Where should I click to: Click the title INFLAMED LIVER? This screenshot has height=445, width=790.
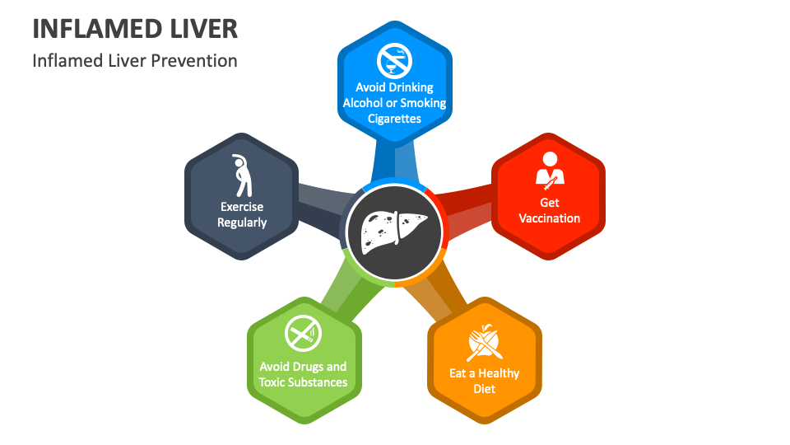(135, 29)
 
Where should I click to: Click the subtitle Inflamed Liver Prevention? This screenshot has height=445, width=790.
(135, 61)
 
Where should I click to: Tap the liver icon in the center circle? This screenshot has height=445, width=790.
(394, 230)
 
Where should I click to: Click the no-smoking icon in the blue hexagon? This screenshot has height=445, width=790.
(394, 60)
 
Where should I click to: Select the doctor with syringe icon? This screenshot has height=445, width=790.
(549, 168)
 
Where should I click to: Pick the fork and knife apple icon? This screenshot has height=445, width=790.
(485, 343)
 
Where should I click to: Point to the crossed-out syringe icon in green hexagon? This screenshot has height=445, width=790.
(303, 335)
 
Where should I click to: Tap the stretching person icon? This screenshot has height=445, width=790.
(241, 175)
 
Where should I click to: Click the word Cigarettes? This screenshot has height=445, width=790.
(394, 119)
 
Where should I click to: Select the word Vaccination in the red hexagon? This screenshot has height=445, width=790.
(549, 218)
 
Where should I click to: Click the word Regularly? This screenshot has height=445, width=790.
(242, 222)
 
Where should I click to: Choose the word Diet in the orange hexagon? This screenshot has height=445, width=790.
(485, 389)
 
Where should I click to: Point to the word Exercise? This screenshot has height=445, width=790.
(242, 207)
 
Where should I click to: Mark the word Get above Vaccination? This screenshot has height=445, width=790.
(549, 203)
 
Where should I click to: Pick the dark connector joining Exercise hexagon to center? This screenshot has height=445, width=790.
(319, 206)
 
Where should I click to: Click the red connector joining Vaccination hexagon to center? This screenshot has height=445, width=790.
(465, 206)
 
